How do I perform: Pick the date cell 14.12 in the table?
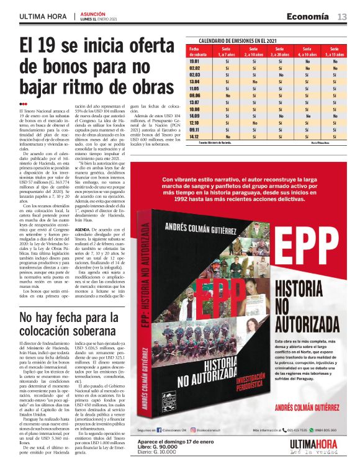coord(194,136)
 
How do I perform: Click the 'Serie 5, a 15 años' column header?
coord(335,51)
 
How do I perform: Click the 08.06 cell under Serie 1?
coord(227,96)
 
